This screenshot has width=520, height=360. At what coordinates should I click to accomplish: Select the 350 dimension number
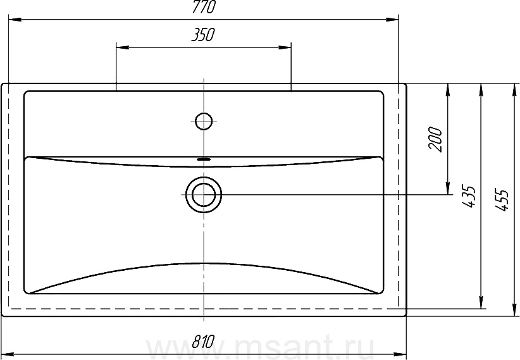point(203,35)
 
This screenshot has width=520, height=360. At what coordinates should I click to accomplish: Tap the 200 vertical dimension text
point(435,139)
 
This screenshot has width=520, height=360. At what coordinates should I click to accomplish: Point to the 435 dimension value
point(469,197)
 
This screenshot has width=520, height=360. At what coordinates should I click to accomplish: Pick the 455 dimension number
point(502,200)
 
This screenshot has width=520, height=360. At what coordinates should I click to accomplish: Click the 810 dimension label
point(204,342)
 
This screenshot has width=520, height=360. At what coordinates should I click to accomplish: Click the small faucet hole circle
point(204,121)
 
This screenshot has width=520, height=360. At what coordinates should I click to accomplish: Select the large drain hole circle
point(204,194)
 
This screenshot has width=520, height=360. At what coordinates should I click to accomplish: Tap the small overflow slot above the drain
point(204,159)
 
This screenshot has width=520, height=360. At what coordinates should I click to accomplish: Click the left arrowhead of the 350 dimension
point(122,48)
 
